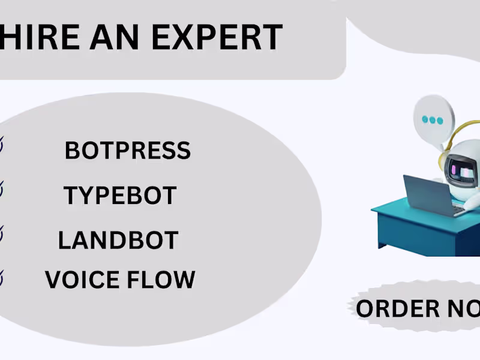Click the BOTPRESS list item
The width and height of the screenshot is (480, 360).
click(127, 151)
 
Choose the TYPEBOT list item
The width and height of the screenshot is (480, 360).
click(119, 196)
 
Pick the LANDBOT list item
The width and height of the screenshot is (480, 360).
click(118, 241)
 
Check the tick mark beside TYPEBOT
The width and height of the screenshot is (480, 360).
click(2, 191)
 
